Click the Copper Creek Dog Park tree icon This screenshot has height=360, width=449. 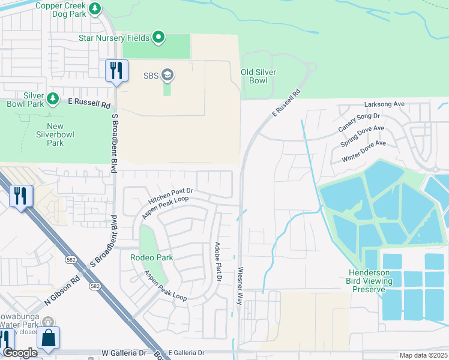pyautogui.click(x=95, y=9)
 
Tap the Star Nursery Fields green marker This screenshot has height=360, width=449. pyautogui.click(x=158, y=38)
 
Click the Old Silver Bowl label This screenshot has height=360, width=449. pyautogui.click(x=258, y=76)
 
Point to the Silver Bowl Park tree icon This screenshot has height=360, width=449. pyautogui.click(x=53, y=98)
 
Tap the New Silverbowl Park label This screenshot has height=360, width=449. pyautogui.click(x=55, y=134)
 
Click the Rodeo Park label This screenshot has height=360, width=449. pyautogui.click(x=151, y=257)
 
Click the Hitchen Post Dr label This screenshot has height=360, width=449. pyautogui.click(x=169, y=196)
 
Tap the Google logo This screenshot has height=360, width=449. pyautogui.click(x=20, y=353)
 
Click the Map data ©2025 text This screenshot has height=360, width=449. pyautogui.click(x=423, y=355)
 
